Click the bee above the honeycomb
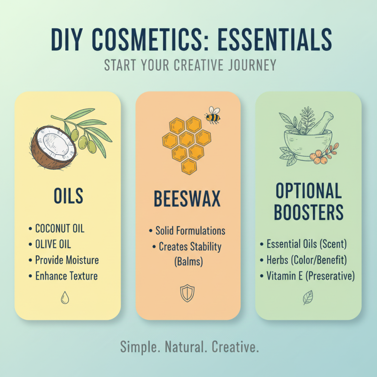tap(213, 115)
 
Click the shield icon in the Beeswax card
tap(187, 293)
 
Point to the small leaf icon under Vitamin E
tap(308, 297)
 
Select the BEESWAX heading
tap(187, 199)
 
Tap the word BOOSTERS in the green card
tap(308, 213)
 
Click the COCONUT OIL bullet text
tap(59, 229)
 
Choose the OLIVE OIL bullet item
tap(53, 245)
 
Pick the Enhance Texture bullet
tap(66, 276)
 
